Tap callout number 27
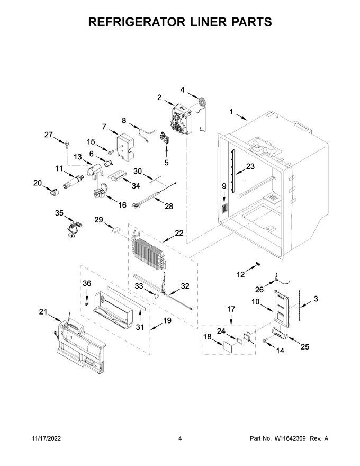pos(48,135)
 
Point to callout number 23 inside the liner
pos(250,166)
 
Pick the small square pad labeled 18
pos(227,346)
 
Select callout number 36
pos(87,283)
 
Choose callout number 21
pos(43,311)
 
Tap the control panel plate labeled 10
pos(281,306)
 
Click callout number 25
pos(305,346)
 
